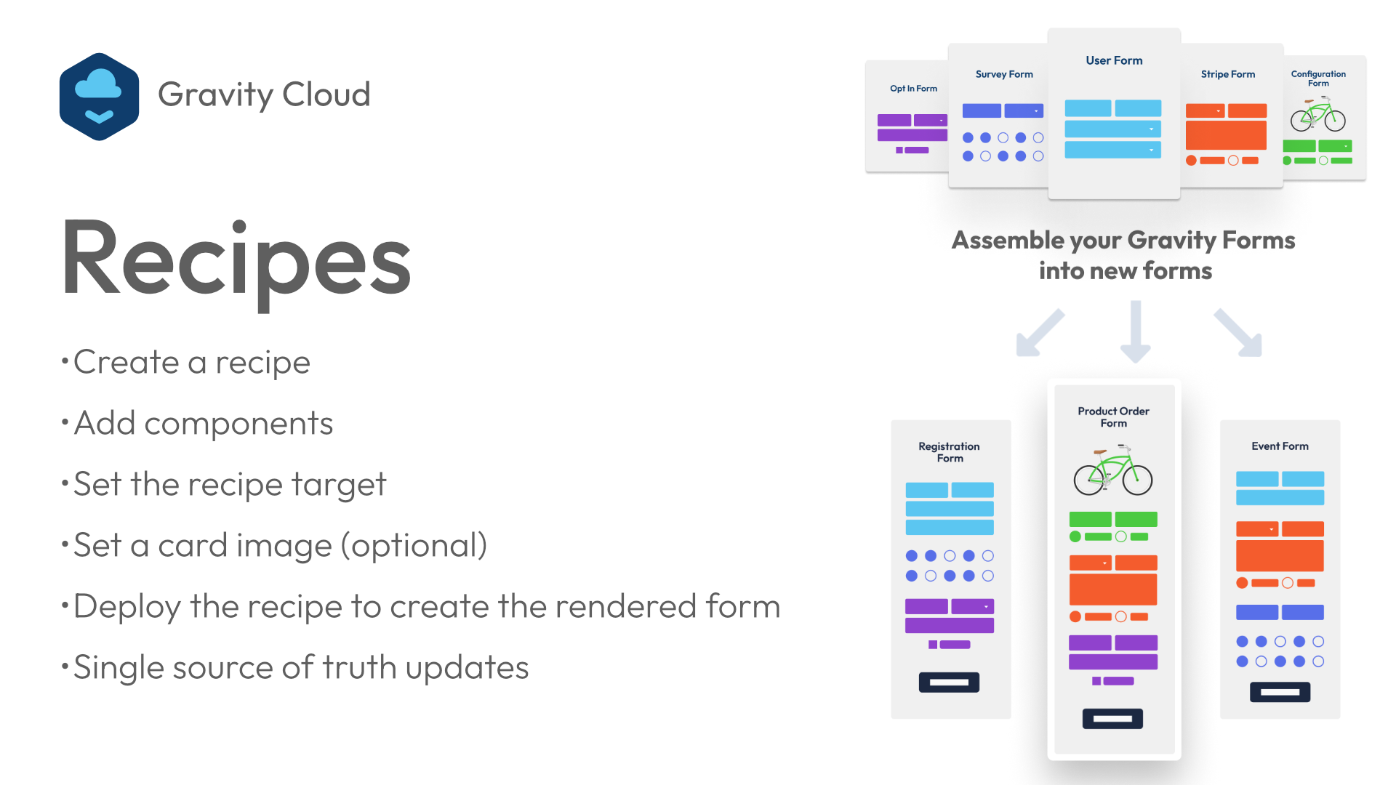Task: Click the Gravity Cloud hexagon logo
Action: [x=99, y=96]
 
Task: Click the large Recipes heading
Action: [x=236, y=263]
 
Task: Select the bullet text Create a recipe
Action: [x=192, y=363]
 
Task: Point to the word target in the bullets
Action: [x=339, y=485]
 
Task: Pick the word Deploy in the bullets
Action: [x=127, y=607]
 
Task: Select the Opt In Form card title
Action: [x=913, y=89]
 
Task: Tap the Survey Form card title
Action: [x=1004, y=74]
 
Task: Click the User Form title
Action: [x=1114, y=60]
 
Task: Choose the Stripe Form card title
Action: [x=1228, y=74]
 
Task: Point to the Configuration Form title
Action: [x=1318, y=78]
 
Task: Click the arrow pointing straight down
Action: [x=1136, y=331]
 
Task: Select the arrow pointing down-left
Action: [x=1040, y=332]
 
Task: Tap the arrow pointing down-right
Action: [x=1237, y=332]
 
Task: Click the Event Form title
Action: [x=1280, y=446]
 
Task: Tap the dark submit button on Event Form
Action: [x=1280, y=692]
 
